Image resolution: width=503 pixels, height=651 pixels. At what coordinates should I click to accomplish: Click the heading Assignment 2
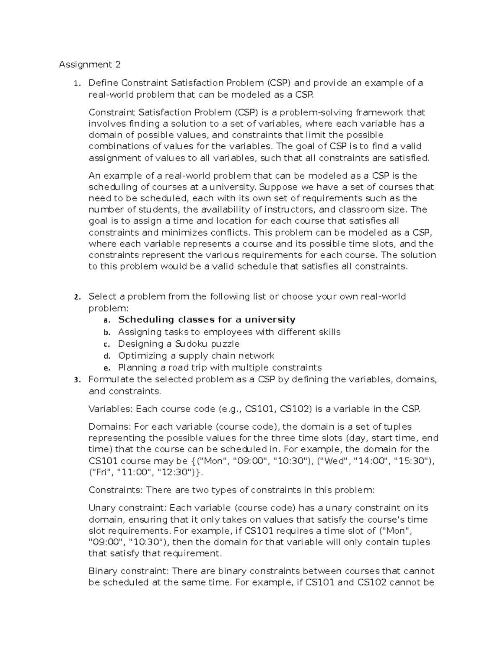coord(90,65)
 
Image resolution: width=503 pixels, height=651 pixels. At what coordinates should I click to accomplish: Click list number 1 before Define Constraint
coord(76,83)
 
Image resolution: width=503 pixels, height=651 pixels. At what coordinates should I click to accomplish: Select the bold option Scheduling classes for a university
coord(207,320)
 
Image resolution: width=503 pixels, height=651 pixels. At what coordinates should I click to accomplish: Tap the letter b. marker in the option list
coord(106,332)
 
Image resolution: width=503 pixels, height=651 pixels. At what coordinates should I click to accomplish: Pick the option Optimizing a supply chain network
coord(196,356)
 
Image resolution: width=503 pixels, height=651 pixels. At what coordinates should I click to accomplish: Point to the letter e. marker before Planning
coord(106,368)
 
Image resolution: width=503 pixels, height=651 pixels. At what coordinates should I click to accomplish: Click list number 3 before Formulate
coord(76,380)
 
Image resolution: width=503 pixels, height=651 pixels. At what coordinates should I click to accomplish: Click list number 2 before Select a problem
coord(76,297)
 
